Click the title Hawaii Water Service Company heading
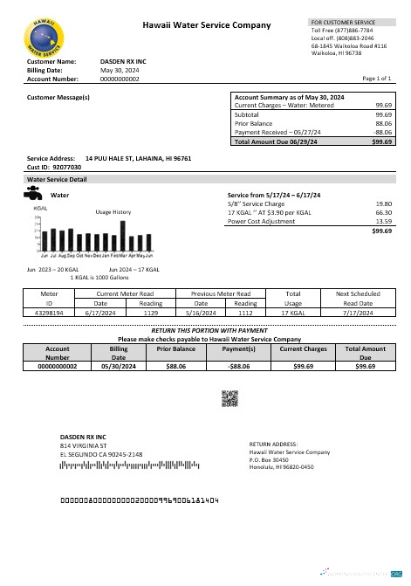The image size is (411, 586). [206, 26]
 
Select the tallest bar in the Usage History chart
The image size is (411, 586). [122, 237]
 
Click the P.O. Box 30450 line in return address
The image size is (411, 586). [269, 459]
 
